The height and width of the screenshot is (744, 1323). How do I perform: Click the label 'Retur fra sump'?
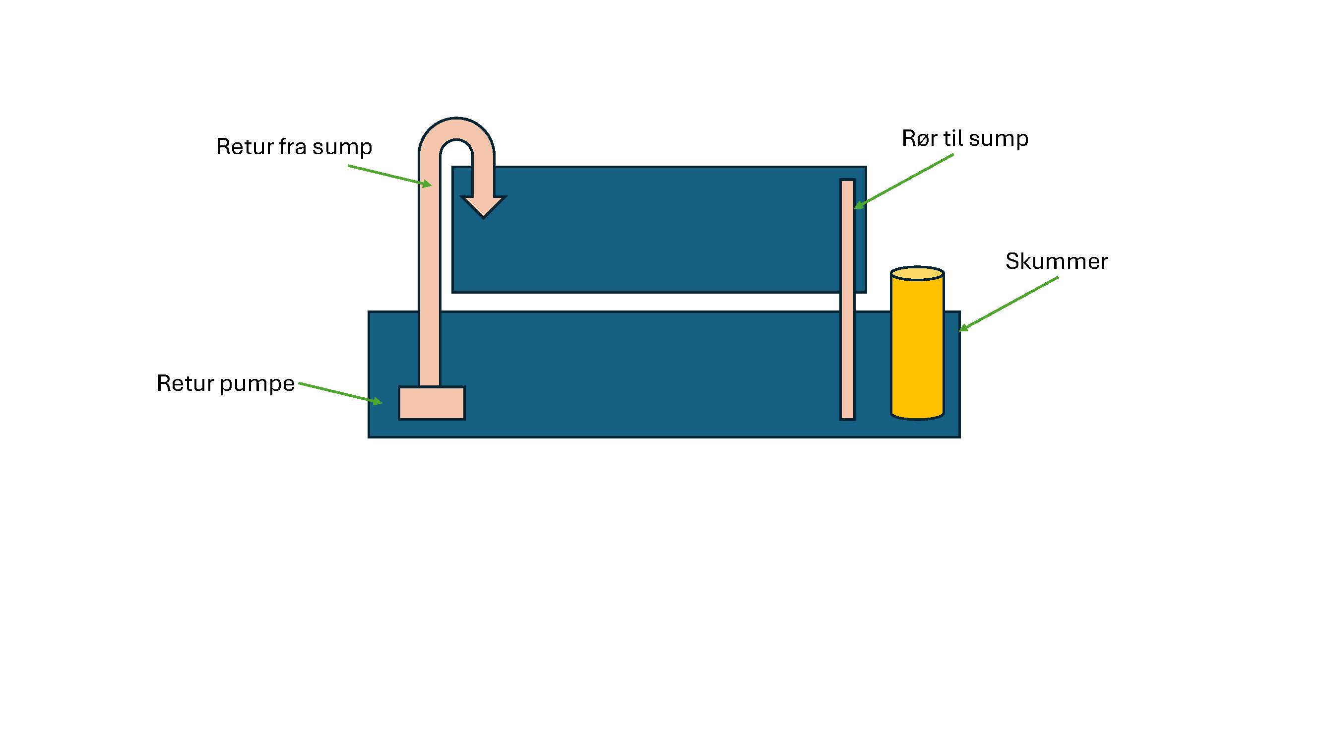tap(294, 147)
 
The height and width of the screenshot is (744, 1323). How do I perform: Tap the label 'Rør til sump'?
tap(965, 139)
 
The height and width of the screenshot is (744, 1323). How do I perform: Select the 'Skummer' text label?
tap(1057, 261)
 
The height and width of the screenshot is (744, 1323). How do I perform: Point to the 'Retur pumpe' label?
tap(226, 383)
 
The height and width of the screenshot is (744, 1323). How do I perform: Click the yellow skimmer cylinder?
tap(917, 349)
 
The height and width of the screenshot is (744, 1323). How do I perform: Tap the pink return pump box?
tap(432, 403)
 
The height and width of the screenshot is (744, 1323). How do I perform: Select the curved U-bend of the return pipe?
tap(456, 131)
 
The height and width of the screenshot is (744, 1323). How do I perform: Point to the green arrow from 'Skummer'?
tap(1009, 304)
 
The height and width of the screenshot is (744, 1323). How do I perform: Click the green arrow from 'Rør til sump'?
tap(904, 181)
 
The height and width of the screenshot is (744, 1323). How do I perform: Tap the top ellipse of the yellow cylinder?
tap(917, 273)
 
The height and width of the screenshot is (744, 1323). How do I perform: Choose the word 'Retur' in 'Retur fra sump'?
tap(245, 147)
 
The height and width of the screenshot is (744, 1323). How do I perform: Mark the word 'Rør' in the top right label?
tap(919, 139)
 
